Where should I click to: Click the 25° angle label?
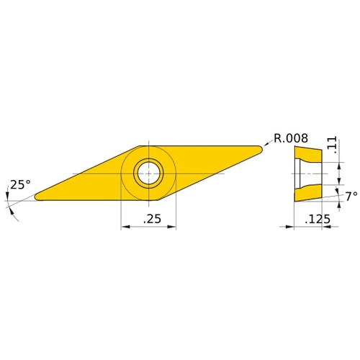tap(20, 185)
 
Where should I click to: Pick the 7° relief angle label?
tap(351, 196)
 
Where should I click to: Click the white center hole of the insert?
tap(148, 173)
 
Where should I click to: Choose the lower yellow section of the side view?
tap(306, 192)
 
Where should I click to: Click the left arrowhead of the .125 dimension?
tap(295, 227)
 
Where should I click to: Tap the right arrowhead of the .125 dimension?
tap(320, 227)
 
